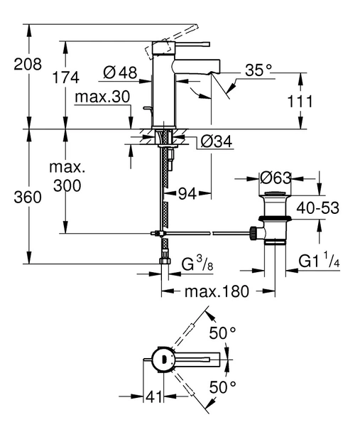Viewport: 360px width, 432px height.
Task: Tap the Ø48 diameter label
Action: pos(119,72)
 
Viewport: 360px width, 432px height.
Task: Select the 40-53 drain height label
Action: pos(318,207)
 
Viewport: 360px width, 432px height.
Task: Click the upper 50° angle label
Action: pos(222,333)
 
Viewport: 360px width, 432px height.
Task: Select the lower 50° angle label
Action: pos(222,387)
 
